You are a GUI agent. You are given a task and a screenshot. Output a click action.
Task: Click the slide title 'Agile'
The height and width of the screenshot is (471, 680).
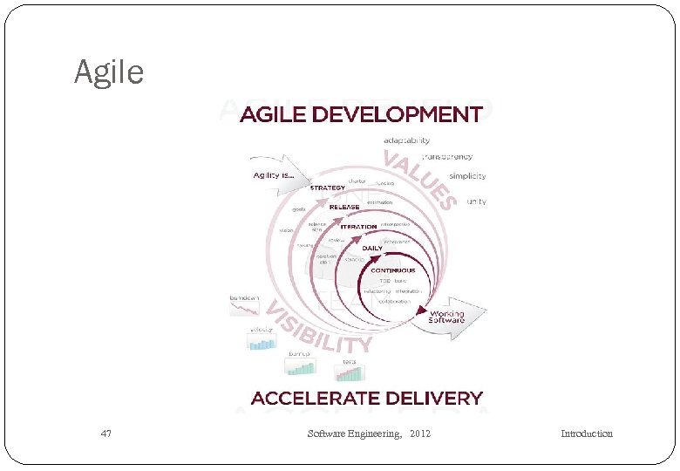coord(109,72)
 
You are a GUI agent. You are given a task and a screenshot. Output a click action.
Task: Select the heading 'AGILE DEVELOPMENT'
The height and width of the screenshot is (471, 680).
coord(361,114)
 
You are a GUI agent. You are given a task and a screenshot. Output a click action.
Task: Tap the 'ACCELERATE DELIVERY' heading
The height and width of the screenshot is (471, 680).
coord(366,399)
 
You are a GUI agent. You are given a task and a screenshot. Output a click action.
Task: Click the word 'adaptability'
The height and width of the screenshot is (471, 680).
coord(406,140)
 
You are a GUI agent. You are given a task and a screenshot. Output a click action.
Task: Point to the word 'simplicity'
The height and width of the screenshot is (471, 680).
coord(468,175)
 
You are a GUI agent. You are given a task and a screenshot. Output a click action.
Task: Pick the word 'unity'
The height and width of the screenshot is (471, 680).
coord(476,201)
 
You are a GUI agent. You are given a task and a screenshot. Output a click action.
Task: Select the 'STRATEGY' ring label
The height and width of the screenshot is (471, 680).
coord(328,188)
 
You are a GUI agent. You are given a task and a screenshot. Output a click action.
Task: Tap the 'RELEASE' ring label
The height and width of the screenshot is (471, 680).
coord(344,207)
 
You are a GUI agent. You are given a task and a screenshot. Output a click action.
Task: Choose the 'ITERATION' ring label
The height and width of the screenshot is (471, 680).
coord(358,227)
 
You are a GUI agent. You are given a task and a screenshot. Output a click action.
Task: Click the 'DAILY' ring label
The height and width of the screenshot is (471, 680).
coord(372,248)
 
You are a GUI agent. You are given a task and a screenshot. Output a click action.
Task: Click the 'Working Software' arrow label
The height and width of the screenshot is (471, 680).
coord(446,316)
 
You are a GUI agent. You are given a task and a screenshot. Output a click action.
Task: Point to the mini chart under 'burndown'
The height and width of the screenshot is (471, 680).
coord(244,308)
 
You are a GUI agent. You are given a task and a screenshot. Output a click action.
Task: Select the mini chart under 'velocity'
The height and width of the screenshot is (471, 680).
coord(262,341)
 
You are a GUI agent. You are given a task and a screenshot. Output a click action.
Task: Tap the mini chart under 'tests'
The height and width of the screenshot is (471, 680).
coord(349,372)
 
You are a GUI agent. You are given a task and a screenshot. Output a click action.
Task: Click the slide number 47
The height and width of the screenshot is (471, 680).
coord(106,433)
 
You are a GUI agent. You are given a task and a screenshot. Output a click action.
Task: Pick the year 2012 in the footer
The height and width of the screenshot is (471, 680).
coord(419,433)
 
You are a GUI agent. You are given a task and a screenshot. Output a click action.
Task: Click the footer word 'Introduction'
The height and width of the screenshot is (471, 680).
coord(586,433)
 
